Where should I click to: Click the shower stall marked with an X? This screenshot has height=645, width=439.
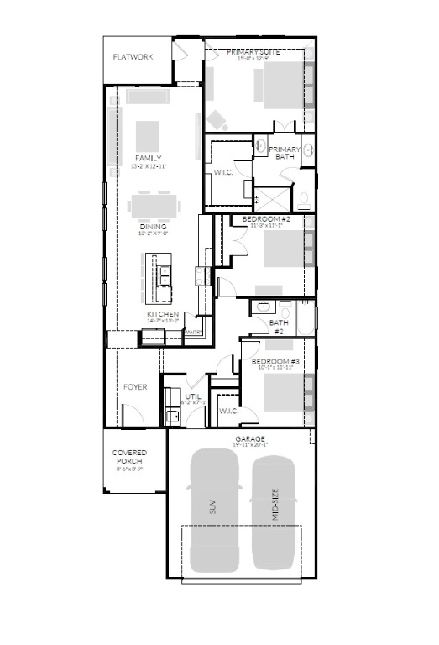click(269, 197)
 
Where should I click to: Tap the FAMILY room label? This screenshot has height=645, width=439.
click(149, 158)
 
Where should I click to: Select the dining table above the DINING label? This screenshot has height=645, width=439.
click(153, 206)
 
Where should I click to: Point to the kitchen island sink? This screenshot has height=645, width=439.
click(162, 273)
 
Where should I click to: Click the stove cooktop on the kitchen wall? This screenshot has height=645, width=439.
click(201, 274)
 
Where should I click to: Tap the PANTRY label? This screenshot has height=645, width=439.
click(193, 332)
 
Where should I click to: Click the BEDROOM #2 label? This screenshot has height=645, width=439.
click(262, 219)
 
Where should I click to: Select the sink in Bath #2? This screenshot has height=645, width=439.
click(264, 308)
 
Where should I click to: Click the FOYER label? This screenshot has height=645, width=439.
click(135, 387)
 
